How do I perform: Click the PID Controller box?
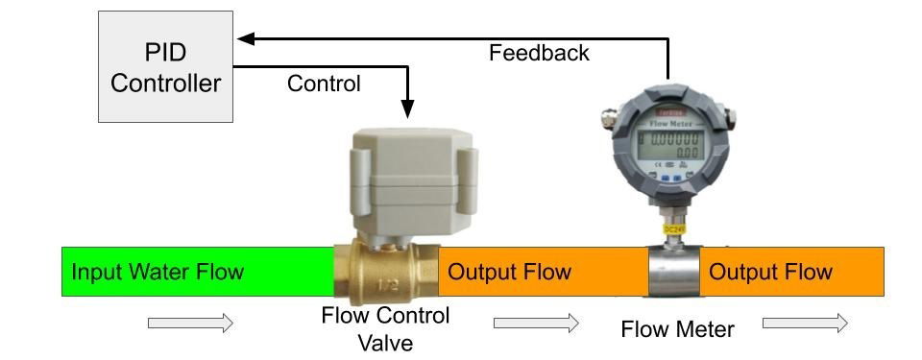pos(165,66)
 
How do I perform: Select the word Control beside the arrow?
pos(324,84)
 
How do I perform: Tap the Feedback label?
pos(539,52)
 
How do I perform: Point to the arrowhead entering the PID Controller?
pos(245,38)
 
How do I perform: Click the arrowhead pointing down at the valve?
pos(407,108)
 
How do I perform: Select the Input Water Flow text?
pos(158,272)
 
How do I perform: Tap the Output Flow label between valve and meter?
pos(510,272)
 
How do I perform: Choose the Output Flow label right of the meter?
pos(770,272)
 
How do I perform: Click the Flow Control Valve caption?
pos(385,328)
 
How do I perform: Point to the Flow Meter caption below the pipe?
pos(677,329)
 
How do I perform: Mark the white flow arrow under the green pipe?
pos(190,324)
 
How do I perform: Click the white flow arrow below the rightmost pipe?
pos(805,324)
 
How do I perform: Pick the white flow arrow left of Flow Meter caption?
pos(536,324)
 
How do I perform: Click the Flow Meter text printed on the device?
pos(670,123)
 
